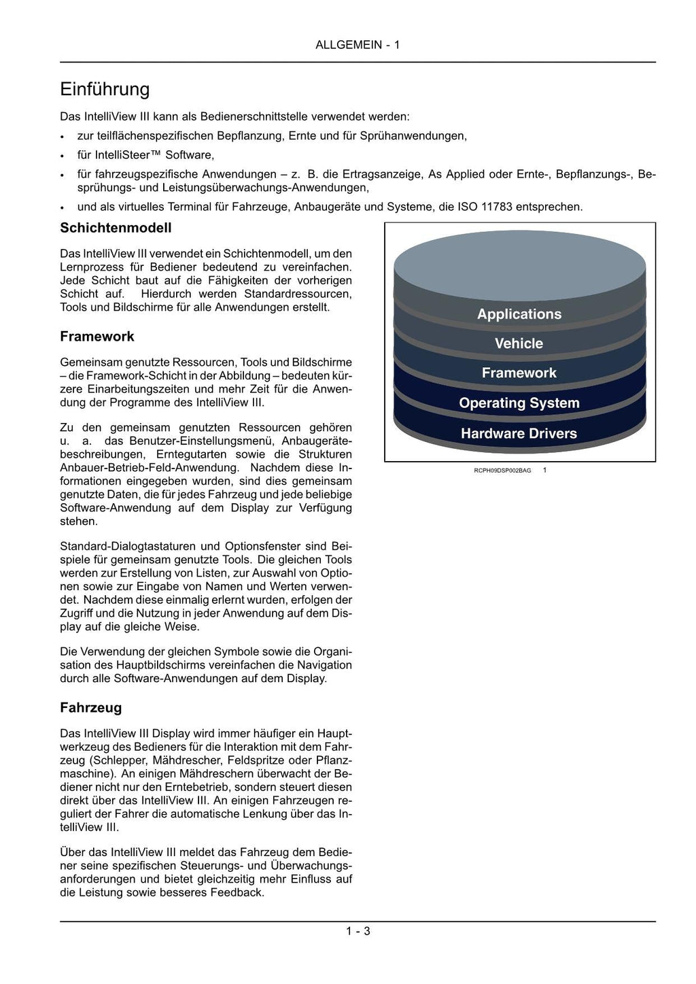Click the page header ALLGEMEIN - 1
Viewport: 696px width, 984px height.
[358, 45]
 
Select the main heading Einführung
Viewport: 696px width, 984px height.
[105, 89]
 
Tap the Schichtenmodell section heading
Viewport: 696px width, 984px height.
[116, 228]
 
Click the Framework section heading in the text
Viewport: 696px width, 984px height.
[97, 337]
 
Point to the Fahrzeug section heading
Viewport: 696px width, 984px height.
[91, 708]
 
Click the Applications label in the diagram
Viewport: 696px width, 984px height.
[519, 314]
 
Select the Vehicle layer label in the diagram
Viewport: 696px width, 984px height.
[519, 343]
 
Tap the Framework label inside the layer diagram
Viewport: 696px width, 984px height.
[519, 373]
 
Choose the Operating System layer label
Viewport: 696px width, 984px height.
[519, 403]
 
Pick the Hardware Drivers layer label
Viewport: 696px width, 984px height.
[519, 433]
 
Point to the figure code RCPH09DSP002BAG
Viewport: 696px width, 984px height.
[502, 471]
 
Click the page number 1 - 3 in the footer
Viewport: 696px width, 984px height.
[358, 931]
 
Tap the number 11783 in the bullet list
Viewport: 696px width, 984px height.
[497, 207]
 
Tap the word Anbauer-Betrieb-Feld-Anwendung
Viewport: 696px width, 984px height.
[150, 468]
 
